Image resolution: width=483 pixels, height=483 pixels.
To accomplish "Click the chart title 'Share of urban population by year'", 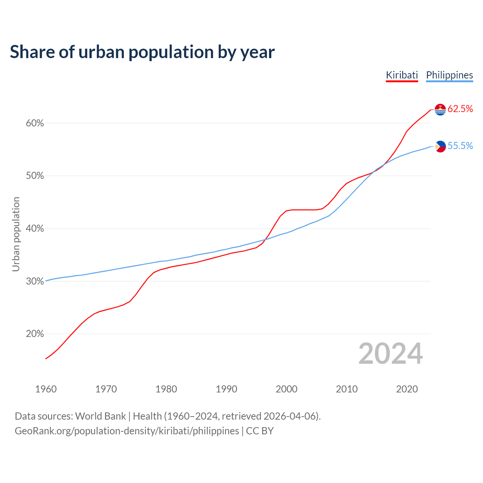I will point(142,52).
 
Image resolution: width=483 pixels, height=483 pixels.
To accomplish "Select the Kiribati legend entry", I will point(402,75).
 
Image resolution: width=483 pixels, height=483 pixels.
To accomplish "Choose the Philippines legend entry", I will point(449,75).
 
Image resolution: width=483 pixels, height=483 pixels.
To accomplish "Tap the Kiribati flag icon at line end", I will point(440,109).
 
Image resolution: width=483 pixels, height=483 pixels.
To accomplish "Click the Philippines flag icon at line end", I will point(440,146).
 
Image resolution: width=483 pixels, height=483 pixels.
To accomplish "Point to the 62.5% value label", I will point(460,109).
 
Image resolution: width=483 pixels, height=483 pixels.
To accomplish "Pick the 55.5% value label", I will point(460,146).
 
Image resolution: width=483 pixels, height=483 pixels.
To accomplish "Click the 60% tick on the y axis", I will point(35,123).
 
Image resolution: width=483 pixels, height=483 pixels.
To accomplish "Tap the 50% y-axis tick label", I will point(35,176).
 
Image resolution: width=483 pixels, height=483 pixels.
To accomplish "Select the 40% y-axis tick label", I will point(35,229).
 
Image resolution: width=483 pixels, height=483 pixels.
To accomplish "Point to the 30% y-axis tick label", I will point(35,281).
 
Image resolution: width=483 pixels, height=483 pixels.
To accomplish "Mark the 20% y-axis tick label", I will point(35,334).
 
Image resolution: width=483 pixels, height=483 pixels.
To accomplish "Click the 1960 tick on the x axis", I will point(46,389).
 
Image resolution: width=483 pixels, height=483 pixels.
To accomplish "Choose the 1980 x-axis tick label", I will point(166,389).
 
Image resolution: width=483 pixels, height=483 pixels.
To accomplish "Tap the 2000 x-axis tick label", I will point(287,389).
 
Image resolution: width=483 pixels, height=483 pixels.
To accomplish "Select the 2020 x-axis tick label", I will point(407,389).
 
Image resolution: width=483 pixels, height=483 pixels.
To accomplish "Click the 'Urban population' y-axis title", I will point(16,234).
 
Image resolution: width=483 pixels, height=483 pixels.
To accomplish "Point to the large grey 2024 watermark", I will point(391,354).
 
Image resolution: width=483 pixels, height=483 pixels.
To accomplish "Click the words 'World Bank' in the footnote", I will point(100,416).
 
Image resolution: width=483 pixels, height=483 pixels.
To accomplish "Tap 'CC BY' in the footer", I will point(260,431).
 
